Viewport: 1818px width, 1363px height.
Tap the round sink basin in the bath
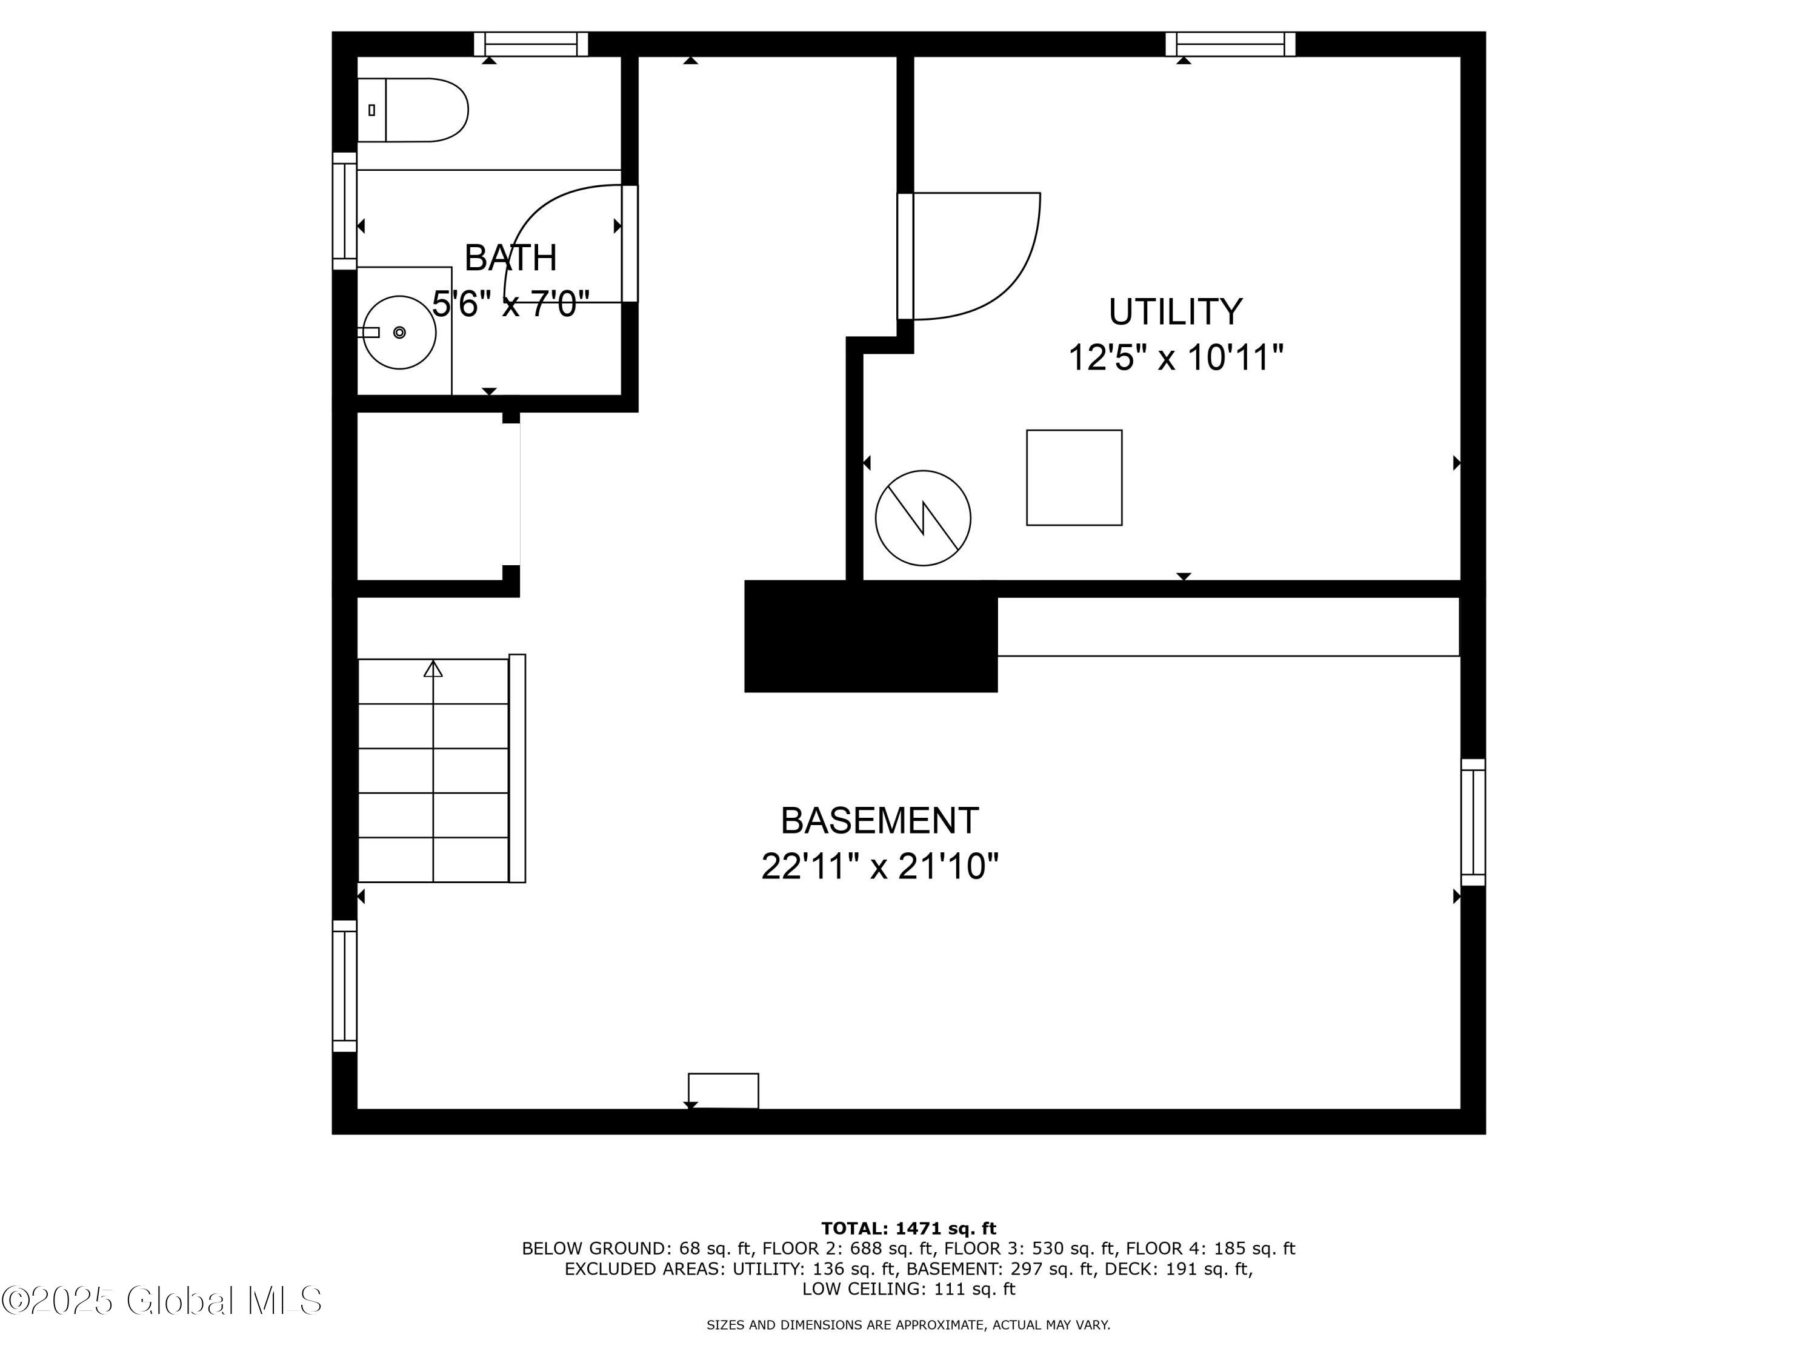pyautogui.click(x=399, y=332)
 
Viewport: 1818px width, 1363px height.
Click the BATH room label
pyautogui.click(x=510, y=258)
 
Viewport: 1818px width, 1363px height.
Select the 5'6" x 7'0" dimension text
pyautogui.click(x=510, y=305)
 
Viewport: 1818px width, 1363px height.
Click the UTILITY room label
pyautogui.click(x=1175, y=312)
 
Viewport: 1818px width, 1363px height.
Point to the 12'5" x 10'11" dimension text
pyautogui.click(x=1175, y=358)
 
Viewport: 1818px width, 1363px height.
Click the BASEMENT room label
pyautogui.click(x=879, y=821)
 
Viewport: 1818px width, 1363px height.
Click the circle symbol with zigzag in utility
pyautogui.click(x=923, y=519)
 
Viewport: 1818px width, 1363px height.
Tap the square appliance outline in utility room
pyautogui.click(x=1074, y=477)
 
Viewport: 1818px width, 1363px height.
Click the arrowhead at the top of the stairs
pyautogui.click(x=433, y=669)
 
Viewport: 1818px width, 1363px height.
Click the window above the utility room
pyautogui.click(x=1230, y=44)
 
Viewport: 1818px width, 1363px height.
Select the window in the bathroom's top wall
pyautogui.click(x=531, y=44)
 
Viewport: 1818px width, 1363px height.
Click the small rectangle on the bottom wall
pyautogui.click(x=723, y=1090)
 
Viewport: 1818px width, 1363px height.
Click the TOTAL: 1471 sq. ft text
pyautogui.click(x=908, y=1229)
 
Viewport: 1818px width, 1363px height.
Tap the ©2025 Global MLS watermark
pyautogui.click(x=162, y=1301)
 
